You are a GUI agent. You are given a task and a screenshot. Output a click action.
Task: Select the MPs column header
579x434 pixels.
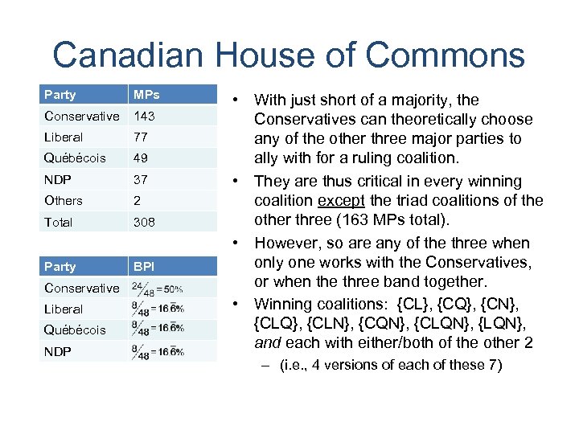[x=146, y=95]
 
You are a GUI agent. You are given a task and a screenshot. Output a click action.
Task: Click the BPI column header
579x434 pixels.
[x=144, y=267]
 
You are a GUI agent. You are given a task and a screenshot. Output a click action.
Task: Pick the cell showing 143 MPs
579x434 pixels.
[x=144, y=116]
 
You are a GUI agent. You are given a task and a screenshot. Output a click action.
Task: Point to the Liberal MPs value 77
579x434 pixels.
[x=141, y=137]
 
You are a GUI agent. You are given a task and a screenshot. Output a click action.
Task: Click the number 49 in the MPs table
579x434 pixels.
[x=141, y=158]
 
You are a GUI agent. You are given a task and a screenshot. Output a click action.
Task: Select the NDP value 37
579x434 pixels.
[x=141, y=179]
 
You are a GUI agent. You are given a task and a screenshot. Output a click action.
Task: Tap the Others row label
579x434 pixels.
[x=64, y=200]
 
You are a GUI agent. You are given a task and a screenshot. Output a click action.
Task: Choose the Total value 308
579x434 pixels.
[x=145, y=222]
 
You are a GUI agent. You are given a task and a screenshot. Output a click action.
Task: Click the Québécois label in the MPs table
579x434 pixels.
[x=75, y=158]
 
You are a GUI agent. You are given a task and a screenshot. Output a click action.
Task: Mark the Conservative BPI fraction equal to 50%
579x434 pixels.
[x=157, y=288]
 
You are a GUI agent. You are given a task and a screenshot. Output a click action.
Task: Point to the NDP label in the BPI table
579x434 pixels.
[x=58, y=350]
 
